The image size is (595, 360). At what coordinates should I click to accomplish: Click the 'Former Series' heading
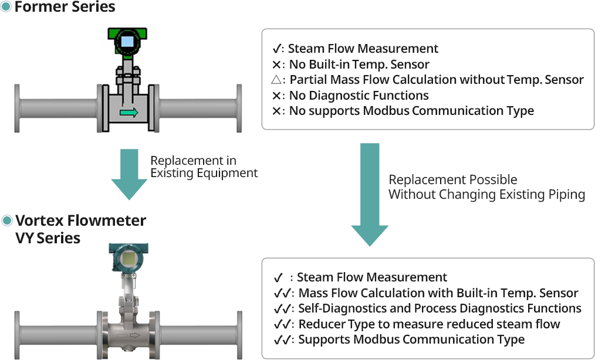click(65, 6)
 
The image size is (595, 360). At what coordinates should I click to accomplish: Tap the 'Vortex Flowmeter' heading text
click(81, 220)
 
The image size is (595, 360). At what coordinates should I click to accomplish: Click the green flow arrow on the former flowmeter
click(129, 113)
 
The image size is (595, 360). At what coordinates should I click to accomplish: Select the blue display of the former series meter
click(127, 42)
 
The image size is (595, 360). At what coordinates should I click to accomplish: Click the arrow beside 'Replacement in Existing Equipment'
click(129, 175)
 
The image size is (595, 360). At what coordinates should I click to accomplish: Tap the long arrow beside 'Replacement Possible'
click(370, 195)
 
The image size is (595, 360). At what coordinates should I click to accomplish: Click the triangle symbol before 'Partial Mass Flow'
click(276, 80)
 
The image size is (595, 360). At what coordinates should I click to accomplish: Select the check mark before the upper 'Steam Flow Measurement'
click(276, 49)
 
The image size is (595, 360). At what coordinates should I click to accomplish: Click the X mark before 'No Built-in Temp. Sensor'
click(276, 64)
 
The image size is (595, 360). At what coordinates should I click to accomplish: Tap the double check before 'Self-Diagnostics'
click(282, 309)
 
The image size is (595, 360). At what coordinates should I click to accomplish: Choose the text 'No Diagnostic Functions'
click(359, 95)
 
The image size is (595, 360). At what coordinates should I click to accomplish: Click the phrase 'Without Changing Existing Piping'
click(487, 194)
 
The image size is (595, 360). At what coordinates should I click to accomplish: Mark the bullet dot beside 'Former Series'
click(6, 6)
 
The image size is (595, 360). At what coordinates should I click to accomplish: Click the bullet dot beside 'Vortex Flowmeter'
click(7, 220)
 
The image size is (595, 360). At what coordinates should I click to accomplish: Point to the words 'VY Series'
click(48, 238)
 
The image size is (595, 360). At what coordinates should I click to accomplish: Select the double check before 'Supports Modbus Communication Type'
click(282, 340)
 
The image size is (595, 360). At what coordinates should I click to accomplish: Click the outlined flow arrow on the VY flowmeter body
click(135, 335)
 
